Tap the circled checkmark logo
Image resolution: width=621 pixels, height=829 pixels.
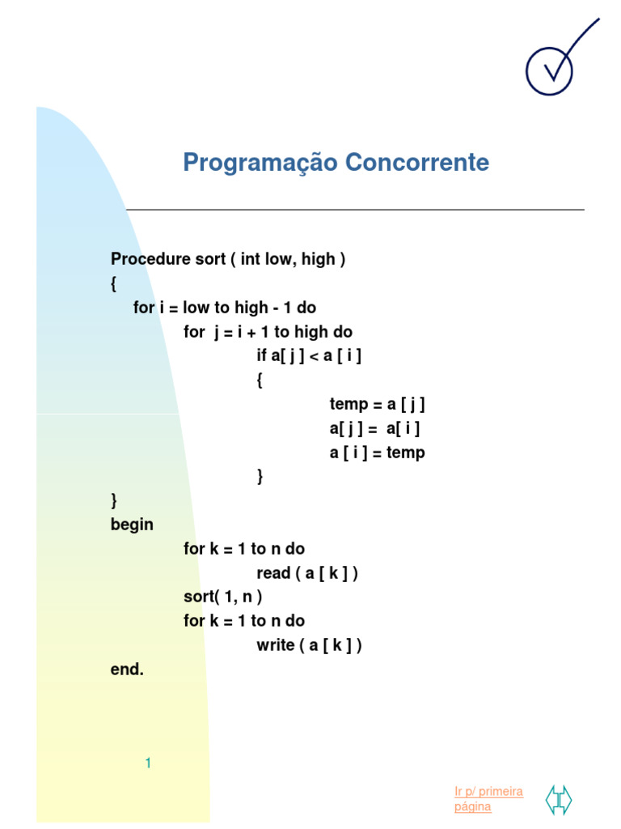pyautogui.click(x=550, y=68)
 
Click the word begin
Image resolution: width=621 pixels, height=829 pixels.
pyautogui.click(x=132, y=525)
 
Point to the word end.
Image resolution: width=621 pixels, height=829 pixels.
pyautogui.click(x=126, y=670)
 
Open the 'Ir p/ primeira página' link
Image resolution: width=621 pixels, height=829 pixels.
pyautogui.click(x=488, y=798)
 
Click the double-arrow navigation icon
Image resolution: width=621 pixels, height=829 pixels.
pyautogui.click(x=558, y=799)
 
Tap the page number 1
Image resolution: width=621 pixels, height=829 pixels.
pyautogui.click(x=149, y=763)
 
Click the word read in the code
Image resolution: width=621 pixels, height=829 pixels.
pyautogui.click(x=274, y=573)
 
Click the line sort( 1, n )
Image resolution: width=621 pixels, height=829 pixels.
pyautogui.click(x=223, y=597)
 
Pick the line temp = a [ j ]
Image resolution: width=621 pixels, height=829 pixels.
pyautogui.click(x=377, y=404)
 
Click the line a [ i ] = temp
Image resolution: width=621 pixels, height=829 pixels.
pyautogui.click(x=377, y=453)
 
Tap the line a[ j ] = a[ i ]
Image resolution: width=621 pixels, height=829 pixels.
pyautogui.click(x=374, y=428)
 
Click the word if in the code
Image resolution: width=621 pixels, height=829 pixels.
pyautogui.click(x=261, y=355)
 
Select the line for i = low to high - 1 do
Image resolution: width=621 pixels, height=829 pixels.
pyautogui.click(x=225, y=308)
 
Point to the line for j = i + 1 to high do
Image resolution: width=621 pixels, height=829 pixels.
pyautogui.click(x=268, y=332)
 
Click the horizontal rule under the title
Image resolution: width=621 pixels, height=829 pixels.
pyautogui.click(x=355, y=210)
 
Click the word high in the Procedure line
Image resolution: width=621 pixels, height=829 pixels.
pyautogui.click(x=318, y=260)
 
